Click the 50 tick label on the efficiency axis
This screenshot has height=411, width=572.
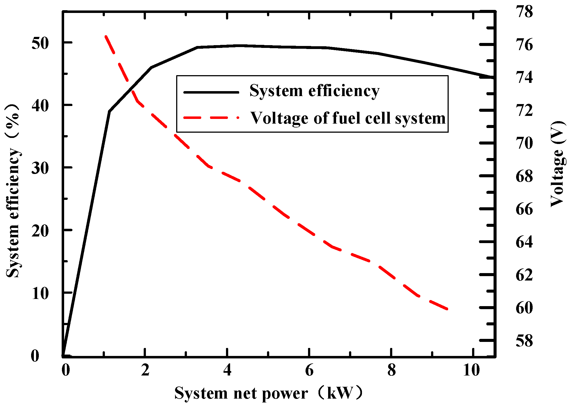40,43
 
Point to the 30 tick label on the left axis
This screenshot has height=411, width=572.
40,168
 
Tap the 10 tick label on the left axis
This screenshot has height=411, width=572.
40,293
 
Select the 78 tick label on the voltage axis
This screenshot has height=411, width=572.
524,12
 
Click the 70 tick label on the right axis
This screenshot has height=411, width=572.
524,143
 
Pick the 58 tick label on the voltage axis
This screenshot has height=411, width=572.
524,341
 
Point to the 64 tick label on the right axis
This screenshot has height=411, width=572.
524,242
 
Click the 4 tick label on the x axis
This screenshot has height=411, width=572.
227,370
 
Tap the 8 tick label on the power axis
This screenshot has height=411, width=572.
391,370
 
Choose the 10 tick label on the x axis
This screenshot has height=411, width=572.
471,370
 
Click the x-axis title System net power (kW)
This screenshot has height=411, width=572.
268,393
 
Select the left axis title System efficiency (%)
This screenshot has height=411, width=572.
13,191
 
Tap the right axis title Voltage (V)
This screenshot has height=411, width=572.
558,164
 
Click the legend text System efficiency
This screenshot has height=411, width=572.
314,91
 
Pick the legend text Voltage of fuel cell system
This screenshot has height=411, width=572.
348,118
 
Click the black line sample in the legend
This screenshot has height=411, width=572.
211,92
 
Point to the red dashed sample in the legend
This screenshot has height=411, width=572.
211,118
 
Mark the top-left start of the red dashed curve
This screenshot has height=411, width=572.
106,36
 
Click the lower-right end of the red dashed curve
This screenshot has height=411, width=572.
448,309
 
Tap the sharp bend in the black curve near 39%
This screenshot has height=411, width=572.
110,111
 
